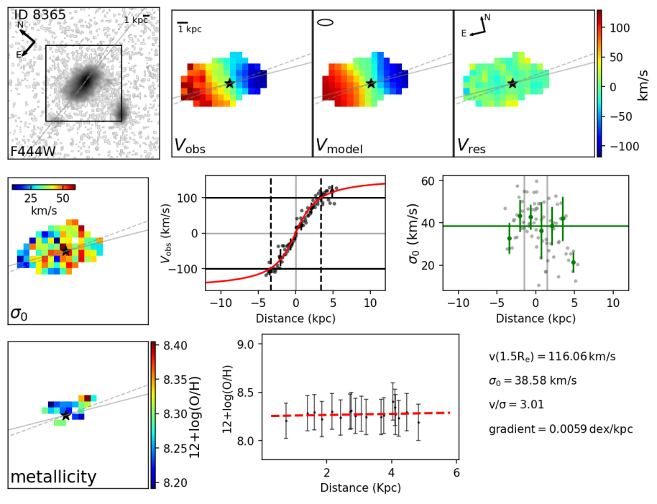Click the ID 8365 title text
coord(40,15)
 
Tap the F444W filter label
coord(32,152)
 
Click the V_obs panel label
coord(190,146)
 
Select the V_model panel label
coord(339,146)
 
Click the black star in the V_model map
coord(371,83)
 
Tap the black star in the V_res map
coord(512,83)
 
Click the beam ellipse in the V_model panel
coord(326,22)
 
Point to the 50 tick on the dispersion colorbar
coord(63,198)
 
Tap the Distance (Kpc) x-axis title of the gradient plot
coord(359,487)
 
